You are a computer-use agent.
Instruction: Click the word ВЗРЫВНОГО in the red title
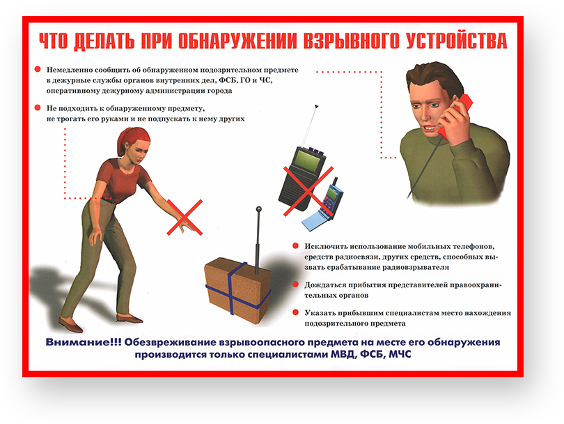(351, 40)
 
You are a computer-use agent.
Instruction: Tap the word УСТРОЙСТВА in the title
(457, 40)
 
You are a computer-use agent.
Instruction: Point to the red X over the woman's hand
(185, 217)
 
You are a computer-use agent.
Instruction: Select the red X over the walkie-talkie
(308, 191)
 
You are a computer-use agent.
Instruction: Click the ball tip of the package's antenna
(258, 209)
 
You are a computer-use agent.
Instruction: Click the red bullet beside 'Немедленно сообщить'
(38, 69)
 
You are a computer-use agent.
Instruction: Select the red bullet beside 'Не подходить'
(38, 107)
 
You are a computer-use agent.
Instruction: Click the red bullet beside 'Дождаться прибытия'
(296, 285)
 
